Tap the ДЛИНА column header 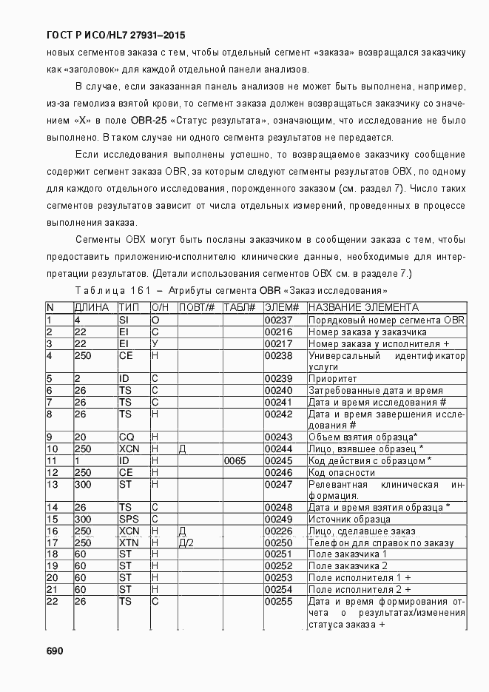pyautogui.click(x=92, y=307)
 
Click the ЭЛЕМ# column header pyautogui.click(x=281, y=307)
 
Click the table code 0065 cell pyautogui.click(x=235, y=460)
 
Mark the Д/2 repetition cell pyautogui.click(x=186, y=542)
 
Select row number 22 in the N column pyautogui.click(x=53, y=601)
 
